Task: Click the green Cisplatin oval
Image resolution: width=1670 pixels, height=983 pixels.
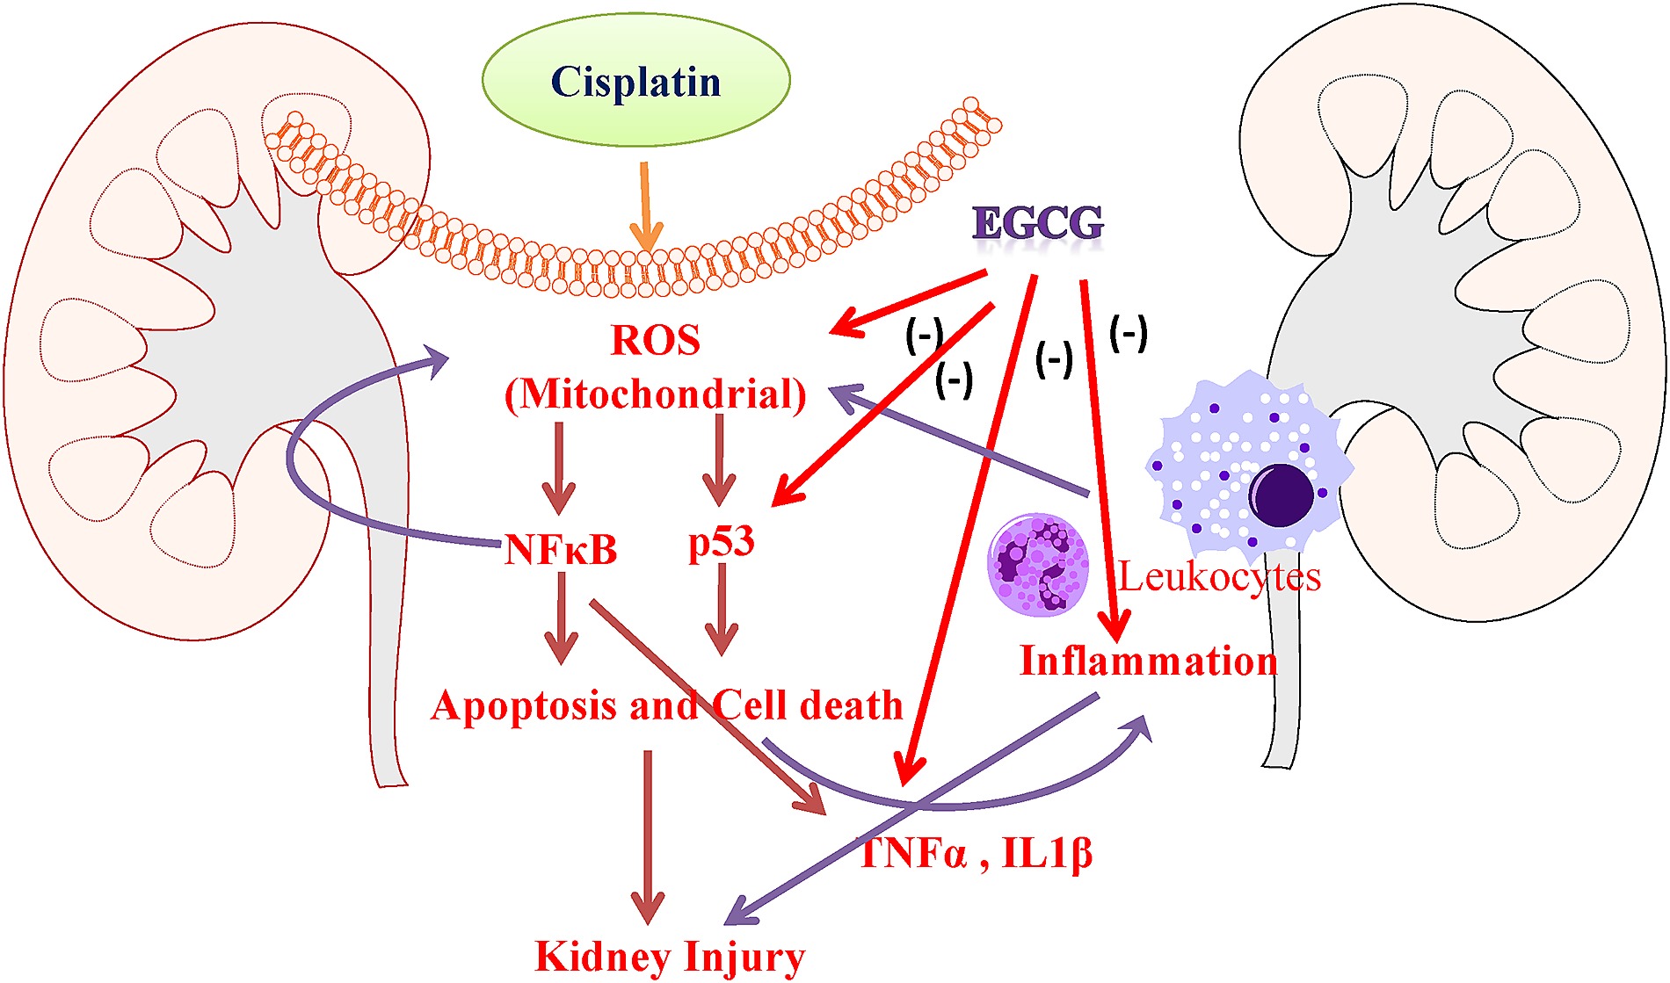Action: (x=636, y=80)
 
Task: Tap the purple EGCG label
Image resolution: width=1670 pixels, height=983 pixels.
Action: (x=1038, y=223)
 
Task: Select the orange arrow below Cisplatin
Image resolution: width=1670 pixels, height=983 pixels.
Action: (x=646, y=206)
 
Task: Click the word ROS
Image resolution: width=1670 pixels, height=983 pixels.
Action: (x=656, y=340)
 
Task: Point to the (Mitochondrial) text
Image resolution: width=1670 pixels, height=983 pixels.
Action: (x=656, y=394)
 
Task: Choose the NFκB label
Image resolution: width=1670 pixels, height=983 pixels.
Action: (x=561, y=551)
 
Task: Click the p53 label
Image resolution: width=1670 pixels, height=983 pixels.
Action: (x=722, y=542)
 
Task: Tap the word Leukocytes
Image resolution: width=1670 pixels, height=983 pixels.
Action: (x=1219, y=577)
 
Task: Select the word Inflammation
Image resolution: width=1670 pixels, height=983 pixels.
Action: (x=1148, y=661)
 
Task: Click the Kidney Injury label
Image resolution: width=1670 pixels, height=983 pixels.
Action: (x=670, y=958)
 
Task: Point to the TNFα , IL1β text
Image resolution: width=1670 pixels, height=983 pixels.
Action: (x=976, y=853)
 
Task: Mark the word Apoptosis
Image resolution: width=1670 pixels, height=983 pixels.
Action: (x=524, y=705)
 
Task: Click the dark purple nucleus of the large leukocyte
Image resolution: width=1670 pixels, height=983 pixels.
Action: (x=1282, y=495)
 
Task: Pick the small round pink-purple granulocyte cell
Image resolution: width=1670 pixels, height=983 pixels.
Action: (x=1039, y=565)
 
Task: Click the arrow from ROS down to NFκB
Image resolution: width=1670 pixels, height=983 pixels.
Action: (x=558, y=468)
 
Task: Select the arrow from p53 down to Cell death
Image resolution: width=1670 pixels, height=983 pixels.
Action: (x=722, y=610)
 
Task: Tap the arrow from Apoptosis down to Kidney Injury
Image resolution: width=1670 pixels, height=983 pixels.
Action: (x=648, y=837)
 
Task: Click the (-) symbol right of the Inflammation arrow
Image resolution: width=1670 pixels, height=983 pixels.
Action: (x=1129, y=334)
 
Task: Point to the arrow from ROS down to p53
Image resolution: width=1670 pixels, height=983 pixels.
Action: (x=720, y=460)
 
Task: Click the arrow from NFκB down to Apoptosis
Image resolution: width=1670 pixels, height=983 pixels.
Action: (x=561, y=618)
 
